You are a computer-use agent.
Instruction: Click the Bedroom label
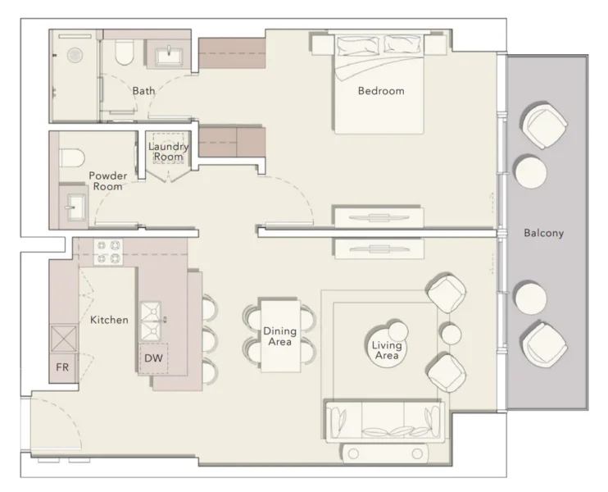point(381,91)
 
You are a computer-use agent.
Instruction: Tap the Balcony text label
point(543,233)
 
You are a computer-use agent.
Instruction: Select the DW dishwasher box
point(153,358)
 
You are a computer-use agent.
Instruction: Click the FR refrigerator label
point(62,367)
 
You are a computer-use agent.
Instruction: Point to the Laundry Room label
point(169,152)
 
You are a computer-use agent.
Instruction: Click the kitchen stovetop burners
point(108,251)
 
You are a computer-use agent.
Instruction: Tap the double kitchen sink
point(151,321)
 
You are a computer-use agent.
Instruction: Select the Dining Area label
point(279,336)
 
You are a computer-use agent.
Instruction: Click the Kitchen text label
point(109,320)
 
